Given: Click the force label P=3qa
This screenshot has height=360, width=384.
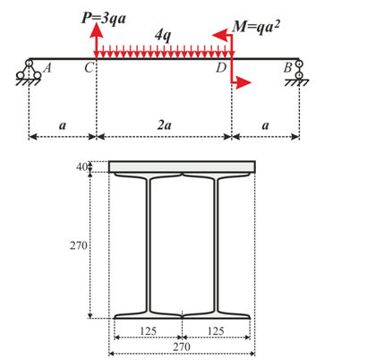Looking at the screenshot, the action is coord(104,18).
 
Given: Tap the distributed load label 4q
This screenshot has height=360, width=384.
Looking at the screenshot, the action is coord(163,36).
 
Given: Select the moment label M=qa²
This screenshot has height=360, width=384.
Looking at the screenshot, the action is coord(256,27).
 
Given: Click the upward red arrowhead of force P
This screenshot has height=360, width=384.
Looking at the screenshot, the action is coord(96,30).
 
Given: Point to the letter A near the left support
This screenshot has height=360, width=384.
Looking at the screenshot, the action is coord(47,68).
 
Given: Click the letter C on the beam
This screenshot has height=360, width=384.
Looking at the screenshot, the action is coord(89,68).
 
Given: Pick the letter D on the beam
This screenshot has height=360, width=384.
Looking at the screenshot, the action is coord(221,68).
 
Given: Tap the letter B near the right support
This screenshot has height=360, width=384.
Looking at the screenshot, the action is coord(287,68).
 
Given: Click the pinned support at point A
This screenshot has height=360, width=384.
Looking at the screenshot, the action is coord(29,73).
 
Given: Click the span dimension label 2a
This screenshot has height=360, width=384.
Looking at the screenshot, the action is coord(165,125).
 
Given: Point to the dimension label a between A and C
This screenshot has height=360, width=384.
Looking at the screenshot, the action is coord(63,125).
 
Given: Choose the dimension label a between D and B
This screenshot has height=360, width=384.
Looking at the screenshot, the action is coord(265,125).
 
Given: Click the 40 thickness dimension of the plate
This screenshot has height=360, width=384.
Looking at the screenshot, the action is coord(81,167).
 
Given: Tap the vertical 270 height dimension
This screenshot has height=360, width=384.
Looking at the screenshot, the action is coord(79,245).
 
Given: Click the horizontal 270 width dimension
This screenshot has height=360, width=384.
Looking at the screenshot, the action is coord(182,347).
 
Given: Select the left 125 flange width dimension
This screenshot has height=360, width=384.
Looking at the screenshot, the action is coord(148,331).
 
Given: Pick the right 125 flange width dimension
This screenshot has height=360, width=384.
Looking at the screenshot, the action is coord(216,331).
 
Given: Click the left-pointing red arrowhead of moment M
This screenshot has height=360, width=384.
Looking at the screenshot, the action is coord(218,35).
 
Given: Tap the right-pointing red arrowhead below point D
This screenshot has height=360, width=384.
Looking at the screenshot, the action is coord(243,82).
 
